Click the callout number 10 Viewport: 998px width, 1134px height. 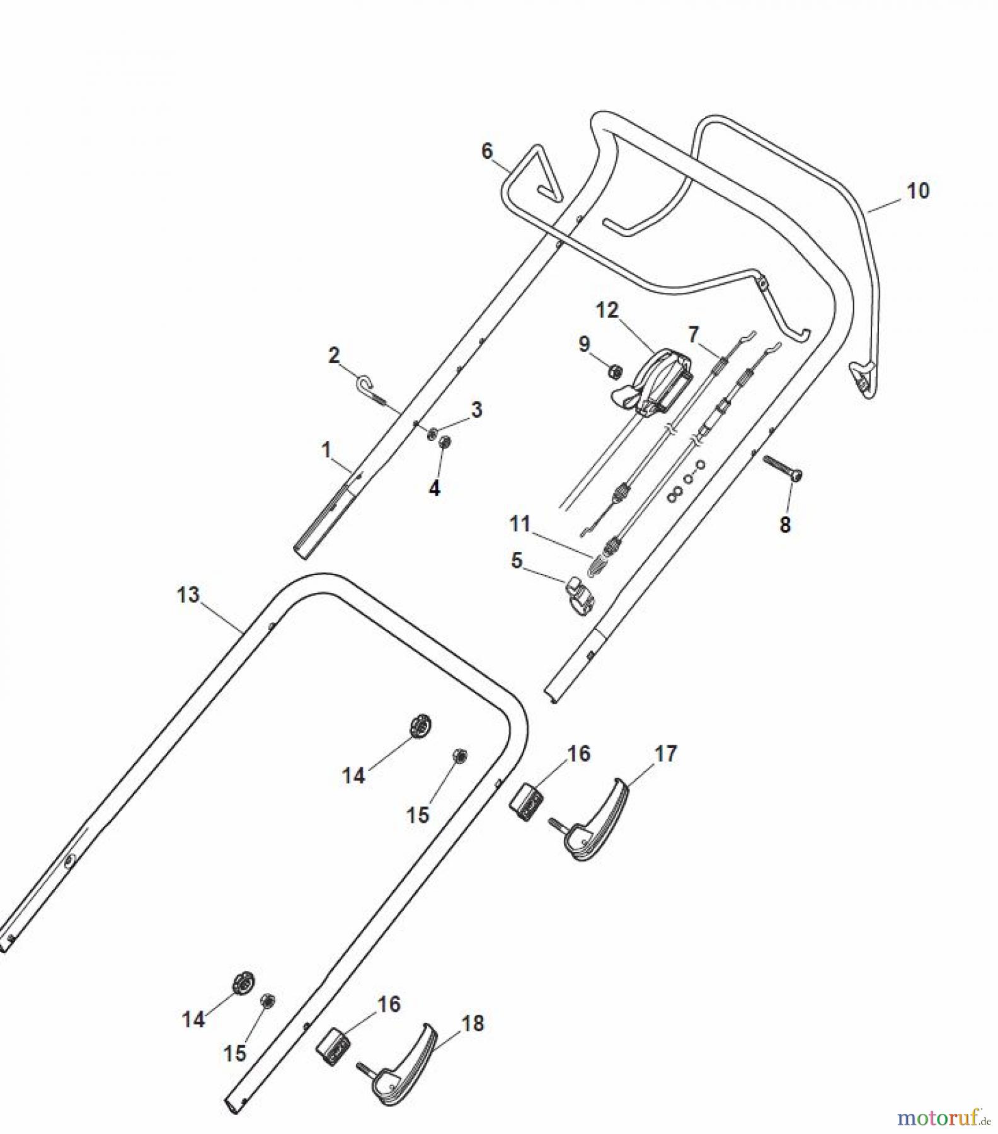(x=918, y=190)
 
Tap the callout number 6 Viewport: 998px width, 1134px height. (x=486, y=151)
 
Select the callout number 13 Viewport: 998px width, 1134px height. (x=188, y=594)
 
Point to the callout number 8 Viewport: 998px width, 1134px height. (x=785, y=524)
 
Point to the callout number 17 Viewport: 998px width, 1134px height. (x=665, y=753)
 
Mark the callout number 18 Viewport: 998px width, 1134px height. (x=473, y=1023)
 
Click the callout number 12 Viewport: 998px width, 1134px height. (x=607, y=310)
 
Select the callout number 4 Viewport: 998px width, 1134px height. (x=434, y=488)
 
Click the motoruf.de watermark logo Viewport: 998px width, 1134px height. (x=939, y=1117)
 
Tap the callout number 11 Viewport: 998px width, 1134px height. (x=520, y=524)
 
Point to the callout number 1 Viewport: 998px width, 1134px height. (x=326, y=450)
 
